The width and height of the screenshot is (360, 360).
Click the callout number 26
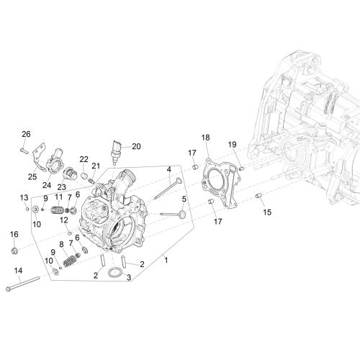click(26, 134)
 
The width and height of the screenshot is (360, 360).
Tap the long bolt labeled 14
click(22, 284)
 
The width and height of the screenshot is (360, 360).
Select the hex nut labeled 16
click(14, 251)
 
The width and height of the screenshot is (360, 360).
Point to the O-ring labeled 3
click(115, 273)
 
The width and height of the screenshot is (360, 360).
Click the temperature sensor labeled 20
click(116, 152)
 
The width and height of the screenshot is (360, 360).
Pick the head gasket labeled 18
click(222, 182)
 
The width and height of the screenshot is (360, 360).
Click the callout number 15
click(267, 212)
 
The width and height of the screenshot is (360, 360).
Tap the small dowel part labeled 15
click(258, 196)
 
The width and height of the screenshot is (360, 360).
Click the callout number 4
click(169, 169)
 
